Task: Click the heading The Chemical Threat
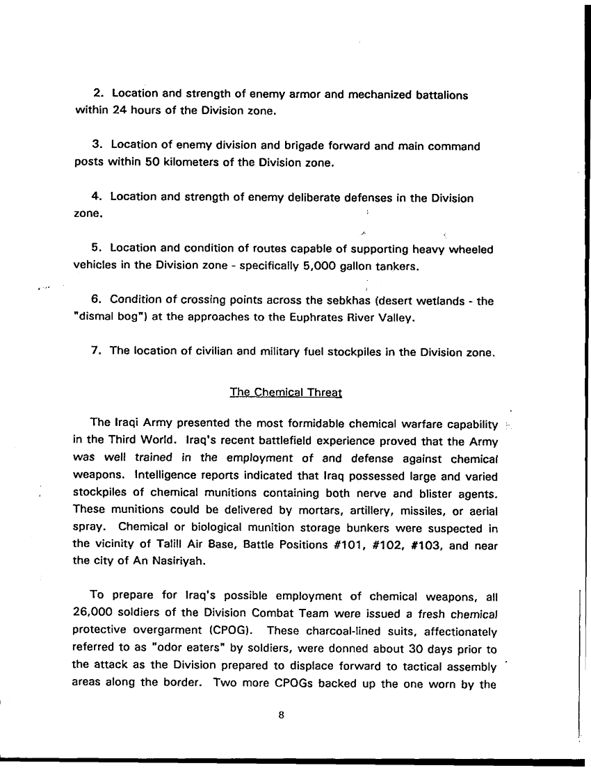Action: pos(286,392)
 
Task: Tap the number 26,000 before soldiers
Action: pos(95,612)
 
